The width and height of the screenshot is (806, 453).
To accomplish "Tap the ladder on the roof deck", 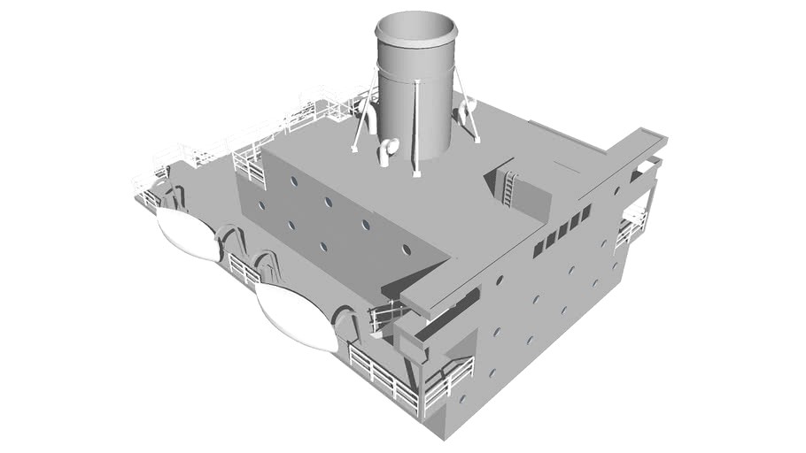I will (509, 188).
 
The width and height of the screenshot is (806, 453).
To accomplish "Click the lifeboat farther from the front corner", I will (188, 234).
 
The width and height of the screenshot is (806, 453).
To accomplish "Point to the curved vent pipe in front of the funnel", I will (387, 151).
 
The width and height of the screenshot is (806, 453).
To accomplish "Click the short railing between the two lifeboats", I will (244, 268).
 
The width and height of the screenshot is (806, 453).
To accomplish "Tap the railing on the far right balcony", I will (631, 227).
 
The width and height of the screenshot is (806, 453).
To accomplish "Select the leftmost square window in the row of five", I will (538, 249).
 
